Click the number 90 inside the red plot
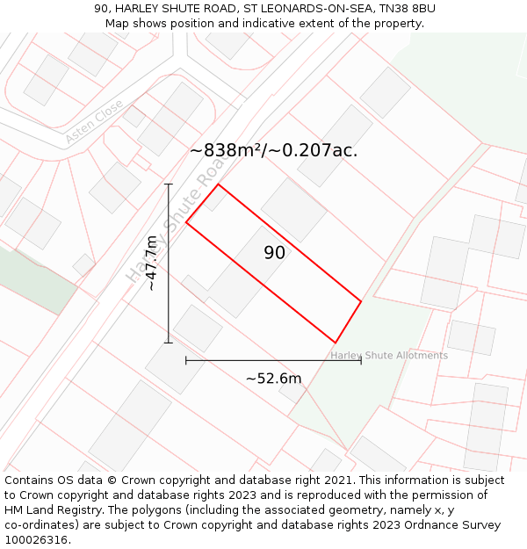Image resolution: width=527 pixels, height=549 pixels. point(274,253)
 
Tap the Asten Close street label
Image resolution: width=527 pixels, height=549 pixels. point(94,122)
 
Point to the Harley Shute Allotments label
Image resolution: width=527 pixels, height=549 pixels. point(389,356)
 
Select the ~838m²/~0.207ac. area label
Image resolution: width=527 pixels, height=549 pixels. point(273,150)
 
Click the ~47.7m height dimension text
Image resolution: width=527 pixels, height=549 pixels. point(151,263)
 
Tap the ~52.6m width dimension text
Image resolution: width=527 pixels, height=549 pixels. point(273,379)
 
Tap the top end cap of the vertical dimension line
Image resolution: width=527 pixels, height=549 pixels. point(169,184)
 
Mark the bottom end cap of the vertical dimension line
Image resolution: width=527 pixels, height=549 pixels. point(169,343)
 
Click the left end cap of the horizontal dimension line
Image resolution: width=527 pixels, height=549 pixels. point(186,360)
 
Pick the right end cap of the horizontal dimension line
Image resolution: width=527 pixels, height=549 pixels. point(361,360)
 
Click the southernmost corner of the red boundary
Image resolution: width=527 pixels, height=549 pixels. point(336,343)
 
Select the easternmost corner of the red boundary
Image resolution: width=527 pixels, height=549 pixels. point(361,302)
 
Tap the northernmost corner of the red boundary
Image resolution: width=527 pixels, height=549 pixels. point(219,184)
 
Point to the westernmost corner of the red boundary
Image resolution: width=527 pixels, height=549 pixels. point(186,222)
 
